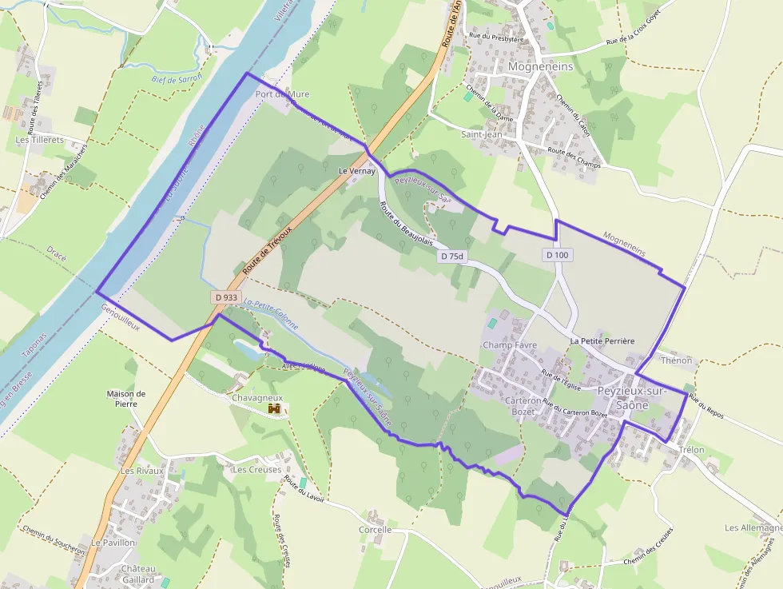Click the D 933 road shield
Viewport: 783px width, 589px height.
pos(226,296)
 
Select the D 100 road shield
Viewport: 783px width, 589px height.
pos(558,254)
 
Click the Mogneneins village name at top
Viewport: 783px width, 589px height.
pos(541,67)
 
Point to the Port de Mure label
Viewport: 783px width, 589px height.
pos(281,94)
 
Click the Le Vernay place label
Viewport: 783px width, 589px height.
pos(356,171)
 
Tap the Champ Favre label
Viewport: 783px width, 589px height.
pos(510,345)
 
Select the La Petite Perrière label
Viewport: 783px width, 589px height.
pos(602,341)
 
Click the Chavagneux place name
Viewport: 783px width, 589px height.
pos(257,397)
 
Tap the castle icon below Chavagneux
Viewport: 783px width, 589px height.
pos(274,409)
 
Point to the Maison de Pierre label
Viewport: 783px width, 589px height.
pos(126,398)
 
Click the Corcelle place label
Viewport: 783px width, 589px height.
pos(375,530)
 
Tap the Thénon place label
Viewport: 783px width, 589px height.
pos(677,360)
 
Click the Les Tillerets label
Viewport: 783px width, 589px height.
pos(40,140)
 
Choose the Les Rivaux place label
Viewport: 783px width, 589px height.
pos(141,471)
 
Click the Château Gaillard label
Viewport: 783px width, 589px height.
pos(138,574)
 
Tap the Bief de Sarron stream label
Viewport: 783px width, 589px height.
pos(177,78)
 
